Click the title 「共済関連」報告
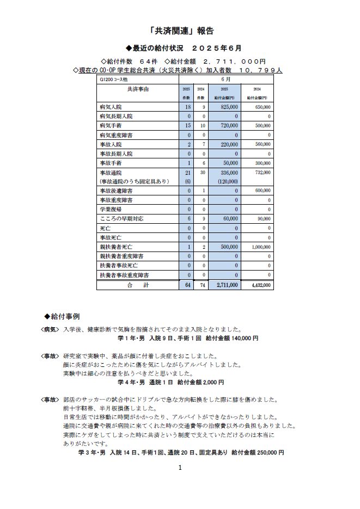tap(180, 31)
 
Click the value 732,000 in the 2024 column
tap(262, 172)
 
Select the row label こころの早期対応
tap(121, 219)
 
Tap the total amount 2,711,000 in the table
tap(226, 285)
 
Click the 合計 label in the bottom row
tap(137, 285)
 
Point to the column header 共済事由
tap(137, 88)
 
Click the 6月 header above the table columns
tap(227, 79)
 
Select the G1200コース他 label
tap(113, 79)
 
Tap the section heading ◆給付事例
tap(64, 316)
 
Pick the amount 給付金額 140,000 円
tap(231, 338)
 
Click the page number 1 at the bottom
tap(180, 467)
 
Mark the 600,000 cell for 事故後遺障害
tap(262, 191)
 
